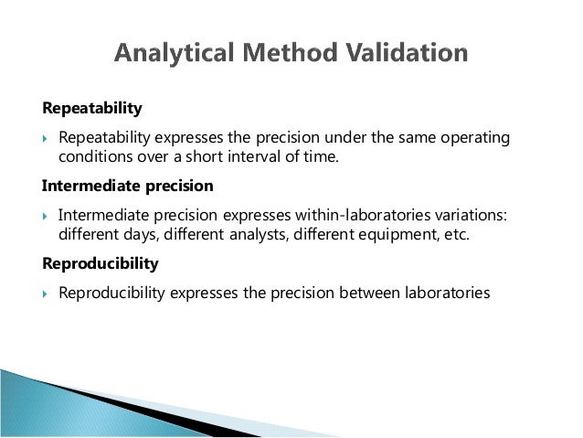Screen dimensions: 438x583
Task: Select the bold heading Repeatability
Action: tap(92, 110)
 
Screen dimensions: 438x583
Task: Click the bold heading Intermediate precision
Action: tap(128, 187)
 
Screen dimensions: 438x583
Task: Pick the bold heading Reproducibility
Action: tap(101, 263)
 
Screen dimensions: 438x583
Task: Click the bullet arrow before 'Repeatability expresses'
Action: tap(47, 138)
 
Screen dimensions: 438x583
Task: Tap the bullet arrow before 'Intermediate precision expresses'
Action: tap(47, 215)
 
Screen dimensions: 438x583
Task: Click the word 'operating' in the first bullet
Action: tap(473, 137)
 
